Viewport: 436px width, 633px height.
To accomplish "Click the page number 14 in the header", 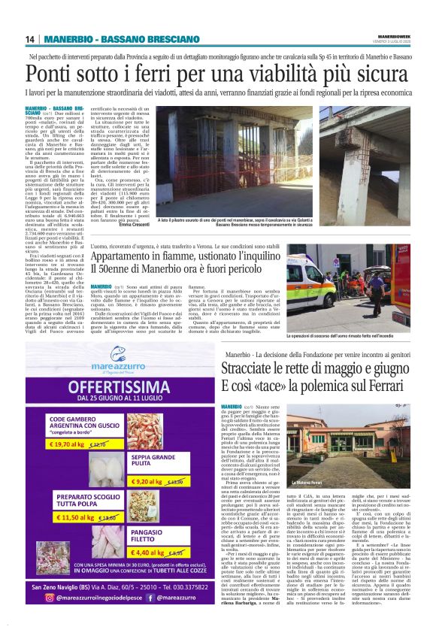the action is [30, 40].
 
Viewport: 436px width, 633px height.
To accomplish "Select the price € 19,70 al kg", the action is [71, 444].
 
